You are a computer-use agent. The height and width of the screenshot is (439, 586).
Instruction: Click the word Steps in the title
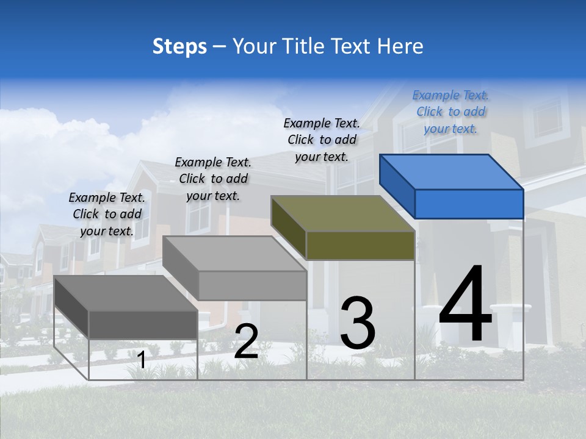tap(179, 46)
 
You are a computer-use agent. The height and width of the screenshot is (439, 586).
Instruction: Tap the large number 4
tap(466, 305)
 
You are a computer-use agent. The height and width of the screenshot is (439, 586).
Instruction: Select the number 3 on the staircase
tap(358, 323)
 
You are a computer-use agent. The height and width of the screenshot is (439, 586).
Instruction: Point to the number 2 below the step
tap(246, 341)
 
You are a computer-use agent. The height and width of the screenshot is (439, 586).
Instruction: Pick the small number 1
tap(141, 360)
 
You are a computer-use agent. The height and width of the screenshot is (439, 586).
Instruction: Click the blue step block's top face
tap(451, 171)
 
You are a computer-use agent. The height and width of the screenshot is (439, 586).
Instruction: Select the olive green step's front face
tap(360, 246)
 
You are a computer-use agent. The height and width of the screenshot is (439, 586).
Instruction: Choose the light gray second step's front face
tap(253, 285)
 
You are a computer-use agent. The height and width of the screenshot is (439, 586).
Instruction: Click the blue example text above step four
tap(450, 112)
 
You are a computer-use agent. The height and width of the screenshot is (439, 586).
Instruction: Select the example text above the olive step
tap(322, 140)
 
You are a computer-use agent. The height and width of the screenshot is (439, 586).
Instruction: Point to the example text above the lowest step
tap(107, 214)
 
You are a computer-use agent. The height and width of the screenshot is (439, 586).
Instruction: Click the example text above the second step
tap(213, 179)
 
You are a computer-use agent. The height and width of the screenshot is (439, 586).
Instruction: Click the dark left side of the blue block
tap(397, 186)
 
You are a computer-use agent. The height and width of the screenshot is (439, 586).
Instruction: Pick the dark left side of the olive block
tap(288, 227)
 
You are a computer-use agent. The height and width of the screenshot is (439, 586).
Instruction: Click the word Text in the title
tap(351, 46)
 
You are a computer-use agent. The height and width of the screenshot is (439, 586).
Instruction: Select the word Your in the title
tap(254, 46)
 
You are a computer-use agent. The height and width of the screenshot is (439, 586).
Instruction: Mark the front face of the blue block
tap(469, 204)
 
